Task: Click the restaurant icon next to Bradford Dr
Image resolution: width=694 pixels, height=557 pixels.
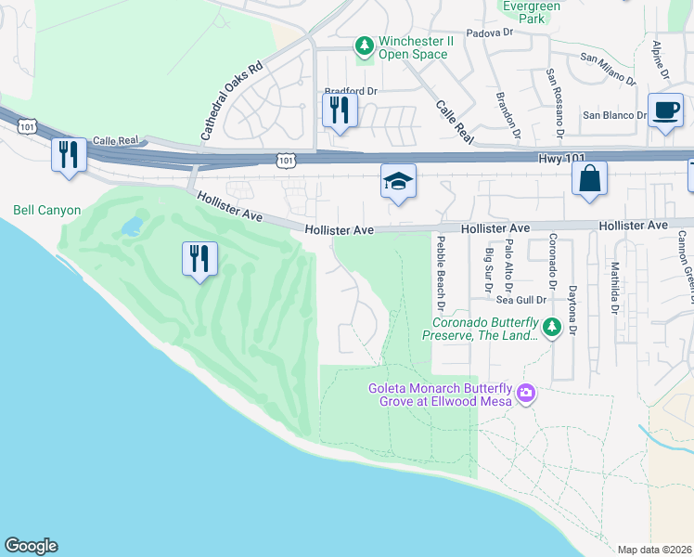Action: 340,110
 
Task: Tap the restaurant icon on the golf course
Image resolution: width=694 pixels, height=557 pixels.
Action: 200,258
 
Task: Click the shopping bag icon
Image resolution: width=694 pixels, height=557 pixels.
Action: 590,178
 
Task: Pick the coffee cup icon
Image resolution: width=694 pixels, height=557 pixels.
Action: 665,110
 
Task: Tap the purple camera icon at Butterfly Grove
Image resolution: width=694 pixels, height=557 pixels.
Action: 526,393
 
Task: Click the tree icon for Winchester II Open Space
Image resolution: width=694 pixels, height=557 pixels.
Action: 365,45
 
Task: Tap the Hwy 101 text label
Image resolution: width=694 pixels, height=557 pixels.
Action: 563,160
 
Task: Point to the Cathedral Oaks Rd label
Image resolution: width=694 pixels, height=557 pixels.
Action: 232,102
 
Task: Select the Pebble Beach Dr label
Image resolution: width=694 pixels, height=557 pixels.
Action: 442,272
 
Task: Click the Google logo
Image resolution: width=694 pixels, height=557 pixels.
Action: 31,545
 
